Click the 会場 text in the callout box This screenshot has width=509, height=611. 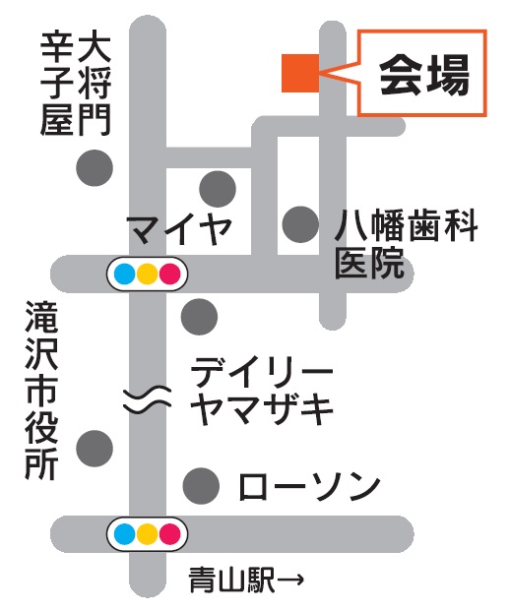point(424,74)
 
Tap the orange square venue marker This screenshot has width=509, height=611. point(300,73)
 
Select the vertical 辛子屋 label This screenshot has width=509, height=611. point(57,85)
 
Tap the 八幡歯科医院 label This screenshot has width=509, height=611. point(406,244)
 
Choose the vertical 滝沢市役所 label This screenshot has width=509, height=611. point(41,390)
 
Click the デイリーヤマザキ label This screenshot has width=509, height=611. point(262,394)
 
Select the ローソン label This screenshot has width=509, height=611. point(309,486)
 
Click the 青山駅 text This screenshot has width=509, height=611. point(232,580)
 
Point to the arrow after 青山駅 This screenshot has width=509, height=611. point(290,580)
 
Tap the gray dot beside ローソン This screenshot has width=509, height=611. point(201,485)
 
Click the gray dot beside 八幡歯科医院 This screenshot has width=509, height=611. point(300,224)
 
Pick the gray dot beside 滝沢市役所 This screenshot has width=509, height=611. point(95,449)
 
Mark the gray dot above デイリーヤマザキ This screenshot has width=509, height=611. point(199,317)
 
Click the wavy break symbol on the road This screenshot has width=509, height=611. point(148,400)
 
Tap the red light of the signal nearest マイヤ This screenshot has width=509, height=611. point(170,274)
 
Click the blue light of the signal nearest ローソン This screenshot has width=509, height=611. point(125,534)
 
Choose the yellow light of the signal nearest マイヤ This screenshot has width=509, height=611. point(148,274)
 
